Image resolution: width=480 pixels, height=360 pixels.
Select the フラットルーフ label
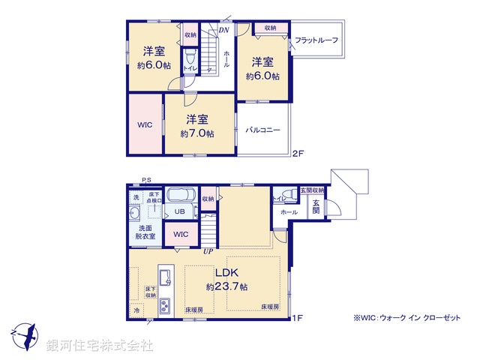pos(316,40)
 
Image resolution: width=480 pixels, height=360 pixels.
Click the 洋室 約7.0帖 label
pos(197,126)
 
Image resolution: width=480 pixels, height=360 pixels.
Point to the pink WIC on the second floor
pos(144,124)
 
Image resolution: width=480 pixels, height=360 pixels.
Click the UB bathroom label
pos(180,211)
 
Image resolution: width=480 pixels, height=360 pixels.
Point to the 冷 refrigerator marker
pos(136,309)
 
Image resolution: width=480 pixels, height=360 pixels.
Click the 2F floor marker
pos(298,154)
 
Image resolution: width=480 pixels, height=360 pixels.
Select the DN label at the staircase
pos(223,31)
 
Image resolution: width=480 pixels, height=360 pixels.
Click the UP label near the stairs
pos(206,250)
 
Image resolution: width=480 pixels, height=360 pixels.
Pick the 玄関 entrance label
pos(316,206)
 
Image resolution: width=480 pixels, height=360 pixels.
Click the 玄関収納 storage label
pos(313,190)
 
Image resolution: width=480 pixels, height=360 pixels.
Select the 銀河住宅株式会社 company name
pos(100,345)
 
